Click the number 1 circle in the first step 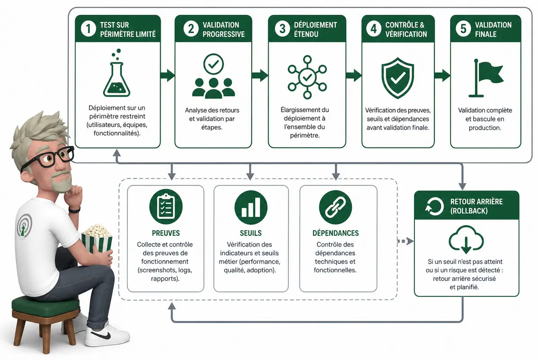tap(88, 29)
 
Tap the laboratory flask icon tap(117, 73)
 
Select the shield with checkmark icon tap(397, 78)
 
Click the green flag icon tap(486, 78)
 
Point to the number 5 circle tap(463, 29)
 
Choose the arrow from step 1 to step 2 tap(167, 75)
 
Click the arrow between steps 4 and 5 tap(442, 75)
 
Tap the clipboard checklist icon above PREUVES tap(166, 207)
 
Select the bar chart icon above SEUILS tap(251, 207)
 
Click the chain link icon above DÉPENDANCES tap(335, 207)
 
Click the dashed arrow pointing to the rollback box tap(405, 241)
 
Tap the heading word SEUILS tap(251, 233)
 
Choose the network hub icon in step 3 tap(307, 77)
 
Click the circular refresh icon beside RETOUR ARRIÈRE tap(434, 207)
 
